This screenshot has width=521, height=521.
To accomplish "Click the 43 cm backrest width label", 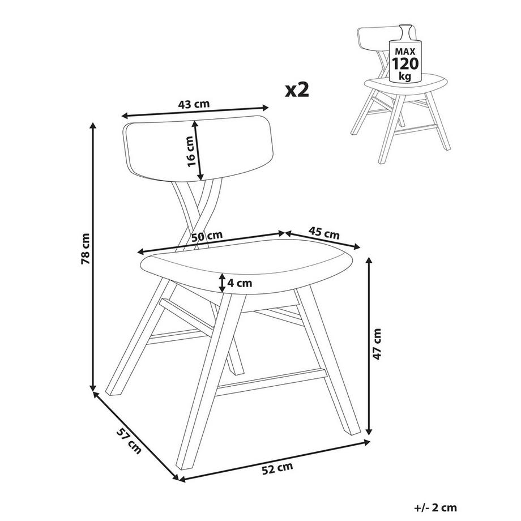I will [194, 104].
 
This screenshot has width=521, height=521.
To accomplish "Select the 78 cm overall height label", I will [86, 249].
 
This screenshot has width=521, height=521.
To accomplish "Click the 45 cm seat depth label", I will [324, 232].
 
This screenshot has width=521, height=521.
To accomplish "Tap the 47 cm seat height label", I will [379, 344].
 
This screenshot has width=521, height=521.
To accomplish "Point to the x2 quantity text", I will [297, 89].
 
